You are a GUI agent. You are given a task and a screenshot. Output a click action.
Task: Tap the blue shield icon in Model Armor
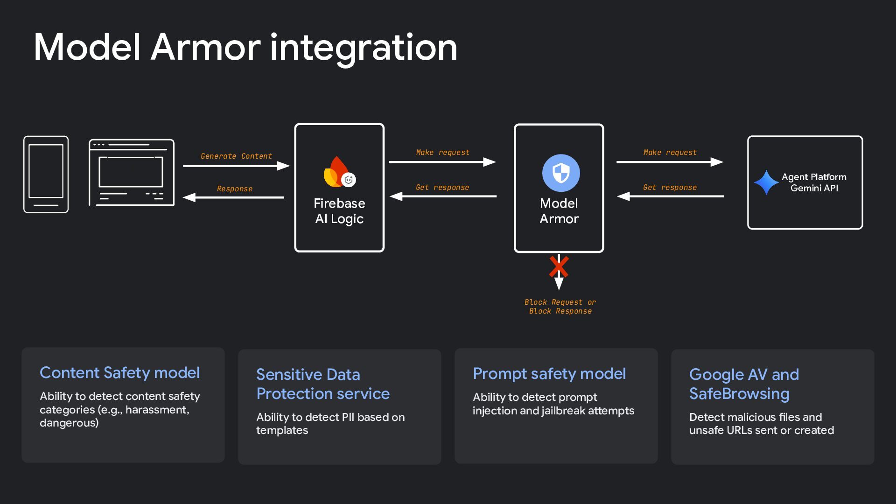[x=561, y=173]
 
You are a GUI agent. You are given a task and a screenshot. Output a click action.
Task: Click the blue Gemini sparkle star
[x=766, y=182]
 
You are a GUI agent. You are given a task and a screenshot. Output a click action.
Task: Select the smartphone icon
[x=46, y=175]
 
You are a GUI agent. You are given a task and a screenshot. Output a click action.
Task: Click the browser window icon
[x=132, y=173]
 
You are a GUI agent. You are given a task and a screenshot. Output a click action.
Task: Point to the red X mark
[x=559, y=266]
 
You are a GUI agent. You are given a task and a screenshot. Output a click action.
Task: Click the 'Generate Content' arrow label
[x=236, y=156]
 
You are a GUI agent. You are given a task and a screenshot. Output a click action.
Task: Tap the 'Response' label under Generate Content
[x=235, y=189]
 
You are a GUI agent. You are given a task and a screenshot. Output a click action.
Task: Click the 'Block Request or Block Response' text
[x=560, y=307]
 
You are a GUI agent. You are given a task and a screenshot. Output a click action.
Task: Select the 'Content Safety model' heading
[x=120, y=373]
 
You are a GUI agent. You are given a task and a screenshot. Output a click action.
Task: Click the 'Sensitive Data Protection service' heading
[x=323, y=384]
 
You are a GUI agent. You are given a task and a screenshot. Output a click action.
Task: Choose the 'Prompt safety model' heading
[x=549, y=374]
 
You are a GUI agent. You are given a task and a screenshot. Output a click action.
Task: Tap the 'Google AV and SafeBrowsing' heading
[x=744, y=384]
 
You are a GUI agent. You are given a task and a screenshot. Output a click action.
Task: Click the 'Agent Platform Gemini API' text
[x=814, y=182]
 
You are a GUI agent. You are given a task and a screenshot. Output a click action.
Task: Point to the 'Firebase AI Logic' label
[x=339, y=211]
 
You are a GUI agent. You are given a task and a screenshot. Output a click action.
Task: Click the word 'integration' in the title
[x=364, y=48]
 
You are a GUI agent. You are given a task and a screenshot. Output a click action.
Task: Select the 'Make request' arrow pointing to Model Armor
[x=442, y=162]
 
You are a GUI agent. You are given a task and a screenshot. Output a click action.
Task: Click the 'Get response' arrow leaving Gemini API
[x=671, y=196]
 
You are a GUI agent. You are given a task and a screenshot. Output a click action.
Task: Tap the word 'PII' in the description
[x=348, y=417]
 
